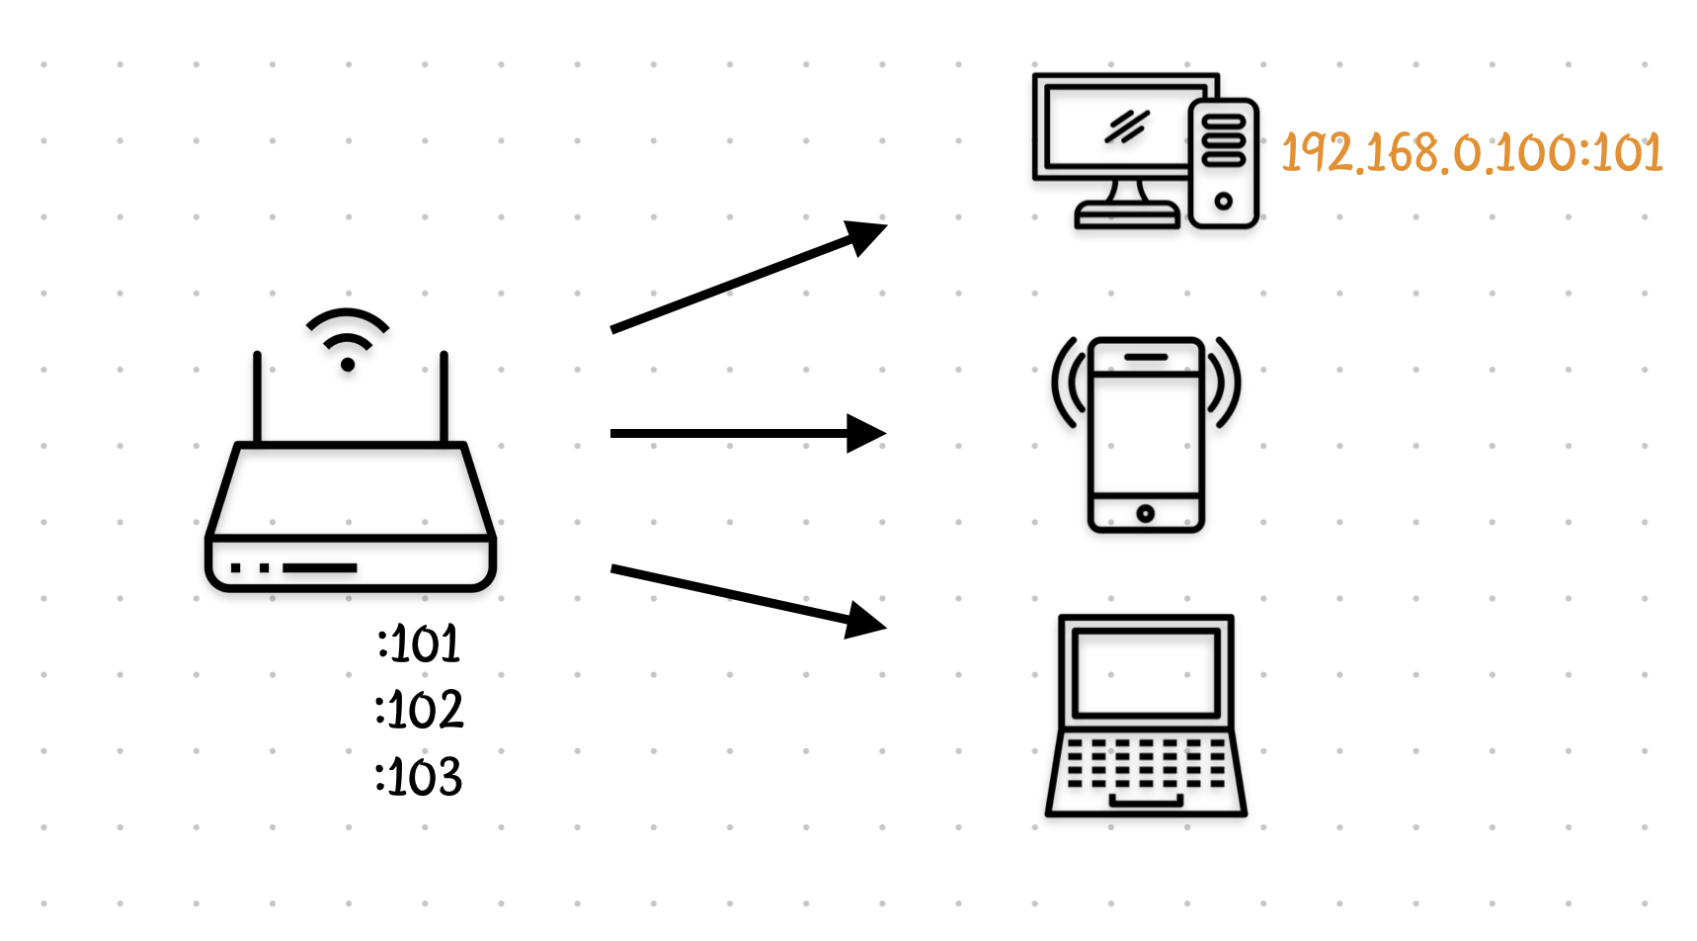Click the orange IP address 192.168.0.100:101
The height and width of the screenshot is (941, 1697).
[x=1471, y=153]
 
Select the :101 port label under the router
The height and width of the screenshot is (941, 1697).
[x=419, y=644]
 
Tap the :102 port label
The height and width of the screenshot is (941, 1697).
[x=419, y=710]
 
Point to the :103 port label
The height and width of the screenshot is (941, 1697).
[x=419, y=777]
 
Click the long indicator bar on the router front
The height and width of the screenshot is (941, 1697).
[x=320, y=568]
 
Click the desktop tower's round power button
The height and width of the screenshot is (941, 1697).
[x=1224, y=201]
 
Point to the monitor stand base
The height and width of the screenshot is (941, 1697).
[x=1127, y=214]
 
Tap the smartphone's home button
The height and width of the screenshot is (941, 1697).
[x=1146, y=513]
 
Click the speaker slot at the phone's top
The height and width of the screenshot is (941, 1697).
[x=1146, y=357]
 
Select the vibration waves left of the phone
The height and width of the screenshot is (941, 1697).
[x=1067, y=384]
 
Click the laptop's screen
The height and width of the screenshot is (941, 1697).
[x=1146, y=672]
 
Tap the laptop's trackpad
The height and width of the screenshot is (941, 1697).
[x=1146, y=800]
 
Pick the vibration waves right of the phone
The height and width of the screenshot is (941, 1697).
[x=1226, y=384]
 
